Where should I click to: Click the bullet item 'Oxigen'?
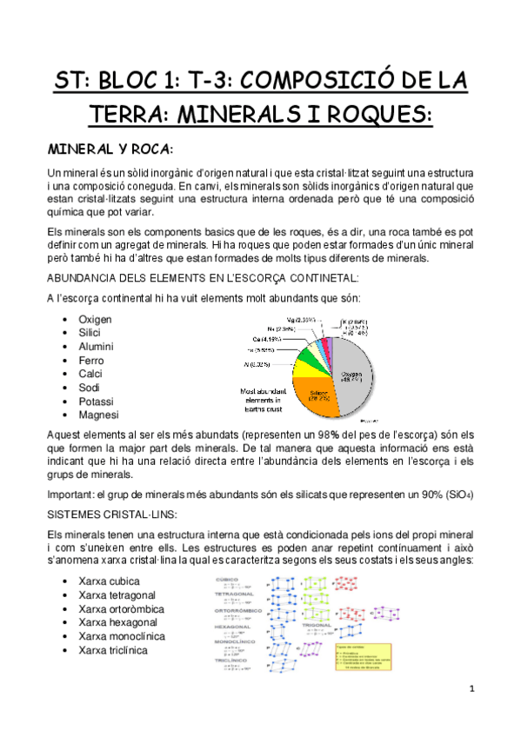[x=95, y=319]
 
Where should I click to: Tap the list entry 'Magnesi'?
[x=98, y=415]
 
